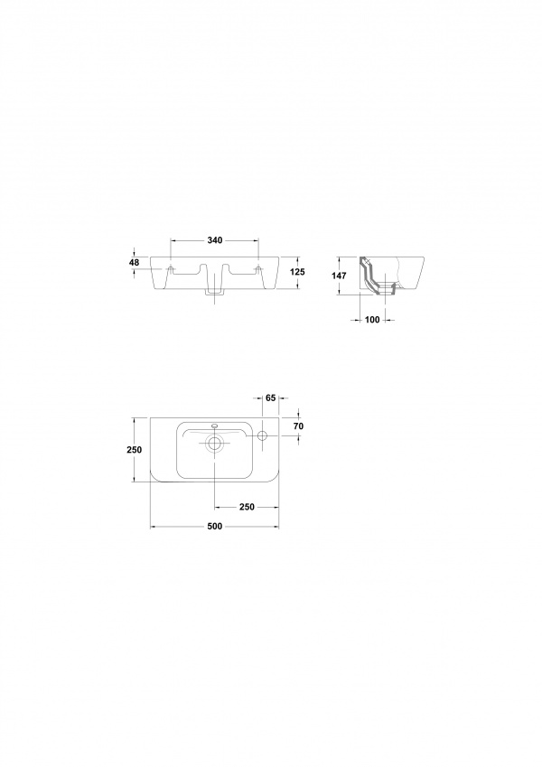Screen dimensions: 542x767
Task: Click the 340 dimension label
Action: (x=215, y=240)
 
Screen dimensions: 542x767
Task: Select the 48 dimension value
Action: (x=134, y=263)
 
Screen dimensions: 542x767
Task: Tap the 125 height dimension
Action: (x=297, y=272)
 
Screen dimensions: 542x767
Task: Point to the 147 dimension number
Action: (x=339, y=276)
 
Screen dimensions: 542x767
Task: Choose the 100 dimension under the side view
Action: (x=372, y=320)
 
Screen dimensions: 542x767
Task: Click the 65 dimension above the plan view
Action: (x=271, y=398)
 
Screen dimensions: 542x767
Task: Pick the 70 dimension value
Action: (x=298, y=426)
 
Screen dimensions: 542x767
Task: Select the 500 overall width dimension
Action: (x=215, y=527)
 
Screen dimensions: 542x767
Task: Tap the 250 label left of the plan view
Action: (x=135, y=450)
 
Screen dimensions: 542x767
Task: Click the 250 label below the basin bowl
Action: (x=247, y=507)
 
